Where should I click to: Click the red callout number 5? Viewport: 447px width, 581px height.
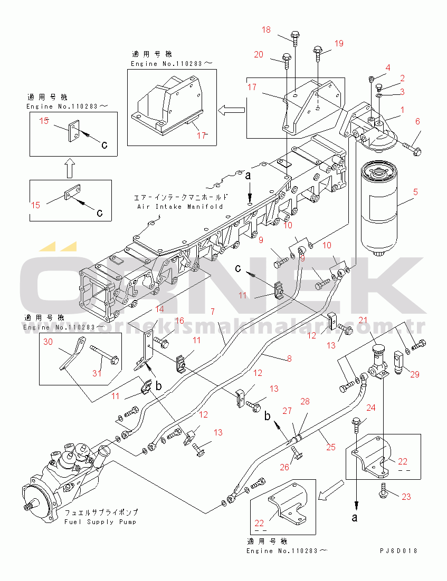(x=416, y=192)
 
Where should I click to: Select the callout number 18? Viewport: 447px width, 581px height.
(x=266, y=30)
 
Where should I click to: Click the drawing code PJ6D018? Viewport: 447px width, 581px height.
(x=398, y=551)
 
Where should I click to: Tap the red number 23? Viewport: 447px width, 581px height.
(x=406, y=496)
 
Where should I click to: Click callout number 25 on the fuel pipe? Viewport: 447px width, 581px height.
(x=331, y=447)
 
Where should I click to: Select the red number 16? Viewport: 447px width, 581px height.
(x=179, y=321)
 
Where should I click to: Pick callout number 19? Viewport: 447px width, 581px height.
(x=338, y=43)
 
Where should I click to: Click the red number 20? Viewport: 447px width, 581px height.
(x=258, y=54)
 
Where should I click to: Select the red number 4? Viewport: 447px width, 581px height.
(x=387, y=67)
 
